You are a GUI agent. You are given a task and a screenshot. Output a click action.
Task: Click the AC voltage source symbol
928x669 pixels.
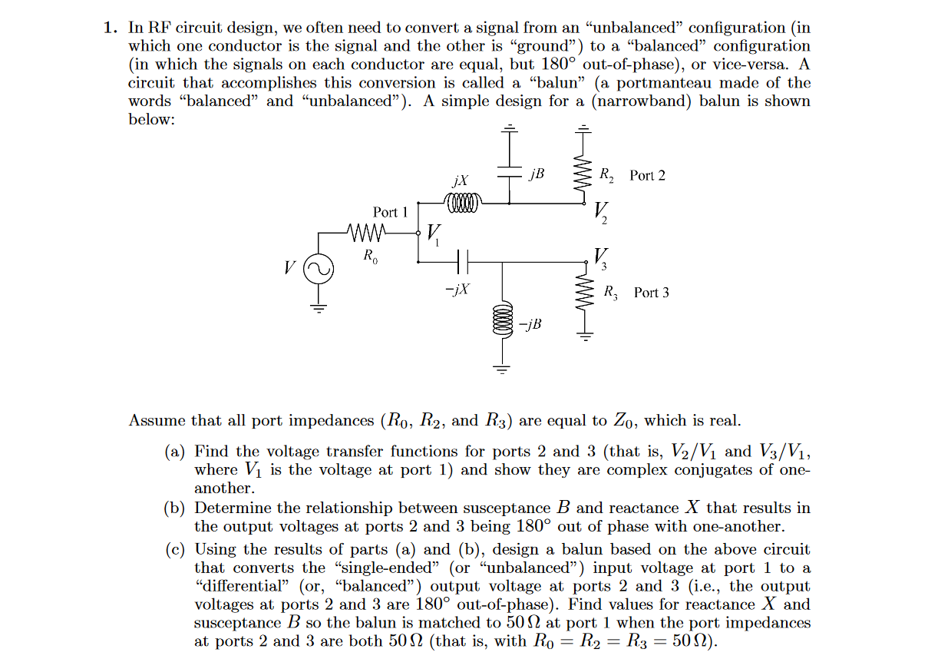(x=318, y=269)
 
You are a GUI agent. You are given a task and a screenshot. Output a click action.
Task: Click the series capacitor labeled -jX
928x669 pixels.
(x=461, y=262)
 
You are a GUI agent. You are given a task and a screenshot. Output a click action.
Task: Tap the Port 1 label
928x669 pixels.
(x=390, y=212)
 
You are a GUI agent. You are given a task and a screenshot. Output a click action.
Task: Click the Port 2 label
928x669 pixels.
(x=647, y=176)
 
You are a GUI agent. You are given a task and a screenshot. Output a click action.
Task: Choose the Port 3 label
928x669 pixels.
(x=651, y=293)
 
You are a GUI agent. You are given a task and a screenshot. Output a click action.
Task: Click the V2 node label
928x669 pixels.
(x=601, y=211)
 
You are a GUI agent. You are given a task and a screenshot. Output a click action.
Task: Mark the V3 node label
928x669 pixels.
(x=601, y=257)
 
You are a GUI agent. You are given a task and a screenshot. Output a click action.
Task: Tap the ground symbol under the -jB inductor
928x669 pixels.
(x=503, y=369)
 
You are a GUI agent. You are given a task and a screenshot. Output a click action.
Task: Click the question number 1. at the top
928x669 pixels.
(x=111, y=28)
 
